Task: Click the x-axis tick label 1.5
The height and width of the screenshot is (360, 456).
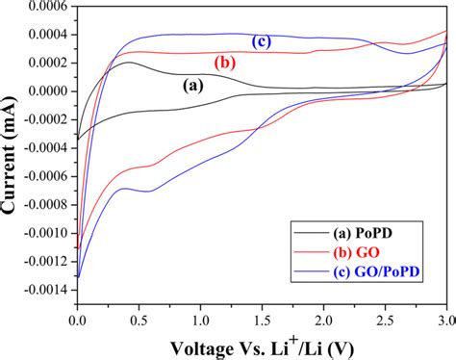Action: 261,314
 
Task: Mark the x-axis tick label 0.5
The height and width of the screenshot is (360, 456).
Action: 139,314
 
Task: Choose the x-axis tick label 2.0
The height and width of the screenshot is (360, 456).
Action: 322,314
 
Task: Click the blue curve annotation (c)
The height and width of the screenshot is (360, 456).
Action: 260,41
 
